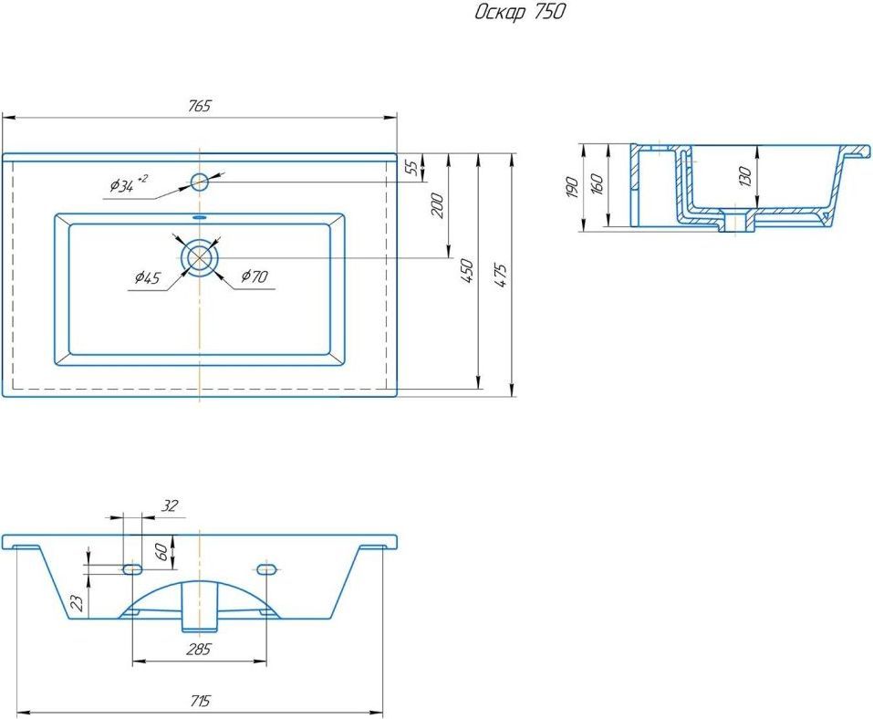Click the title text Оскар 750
pos(519,13)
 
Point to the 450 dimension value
pos(468,271)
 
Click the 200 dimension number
pos(438,205)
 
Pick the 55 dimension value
pos(412,167)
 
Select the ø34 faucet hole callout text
pos(128,183)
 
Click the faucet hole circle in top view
pos(199,182)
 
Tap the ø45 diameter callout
pos(147,276)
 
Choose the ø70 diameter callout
pos(255,276)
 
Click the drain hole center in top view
pos(199,258)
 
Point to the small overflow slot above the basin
pos(199,217)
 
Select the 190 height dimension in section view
pos(572,187)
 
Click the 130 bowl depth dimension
pos(745,176)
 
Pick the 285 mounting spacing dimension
pos(199,650)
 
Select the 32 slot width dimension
pos(170,505)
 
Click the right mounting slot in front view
pos(266,568)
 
